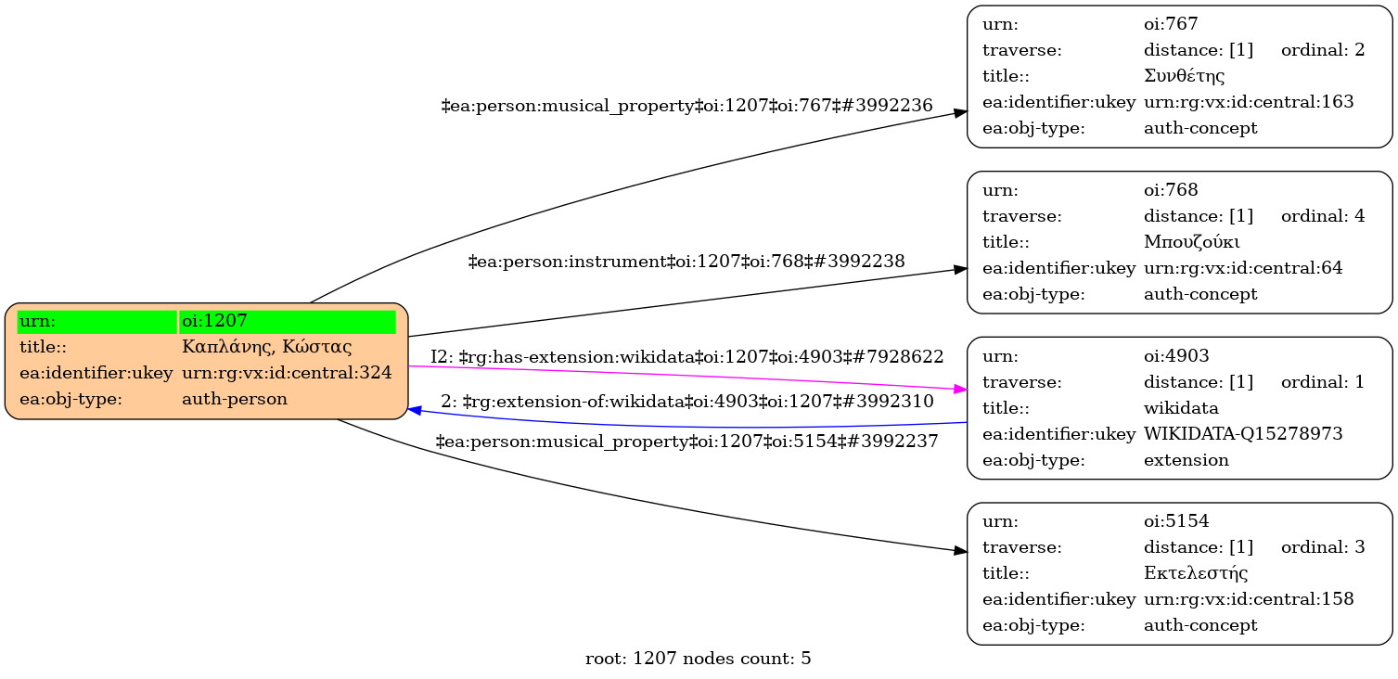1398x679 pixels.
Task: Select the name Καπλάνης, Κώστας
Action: pyautogui.click(x=267, y=348)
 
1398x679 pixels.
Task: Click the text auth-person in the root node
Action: pyautogui.click(x=235, y=399)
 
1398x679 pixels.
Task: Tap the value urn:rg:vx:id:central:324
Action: pyautogui.click(x=287, y=373)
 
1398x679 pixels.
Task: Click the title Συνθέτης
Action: pyautogui.click(x=1185, y=76)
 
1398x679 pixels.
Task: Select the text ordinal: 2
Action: pyautogui.click(x=1323, y=50)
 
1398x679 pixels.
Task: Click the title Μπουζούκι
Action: pyautogui.click(x=1192, y=242)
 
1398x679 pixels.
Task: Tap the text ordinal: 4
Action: pyautogui.click(x=1323, y=216)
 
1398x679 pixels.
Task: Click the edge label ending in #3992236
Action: pyautogui.click(x=686, y=106)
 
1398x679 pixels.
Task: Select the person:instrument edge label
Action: pyautogui.click(x=686, y=262)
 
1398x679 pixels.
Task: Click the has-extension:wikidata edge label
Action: pyautogui.click(x=687, y=356)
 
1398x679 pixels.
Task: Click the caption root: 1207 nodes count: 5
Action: pyautogui.click(x=699, y=659)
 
